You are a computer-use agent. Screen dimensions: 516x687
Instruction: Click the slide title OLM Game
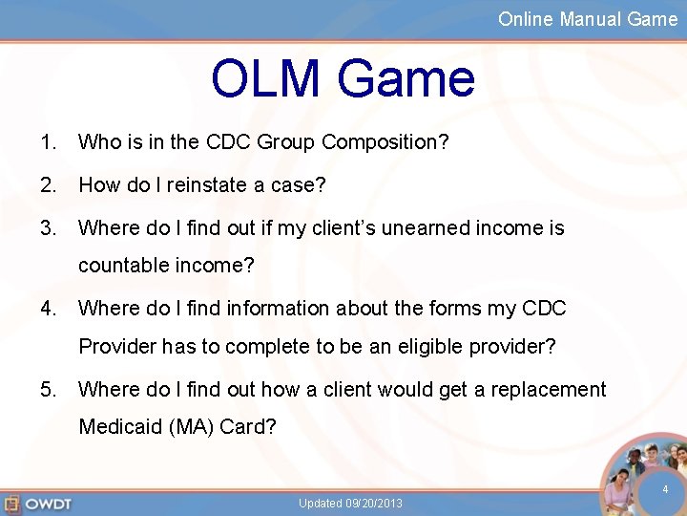pos(343,79)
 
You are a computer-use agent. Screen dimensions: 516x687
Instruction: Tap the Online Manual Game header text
pos(587,19)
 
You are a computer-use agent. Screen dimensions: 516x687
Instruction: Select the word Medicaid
pos(119,426)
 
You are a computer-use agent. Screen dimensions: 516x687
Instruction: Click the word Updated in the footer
pos(318,504)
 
